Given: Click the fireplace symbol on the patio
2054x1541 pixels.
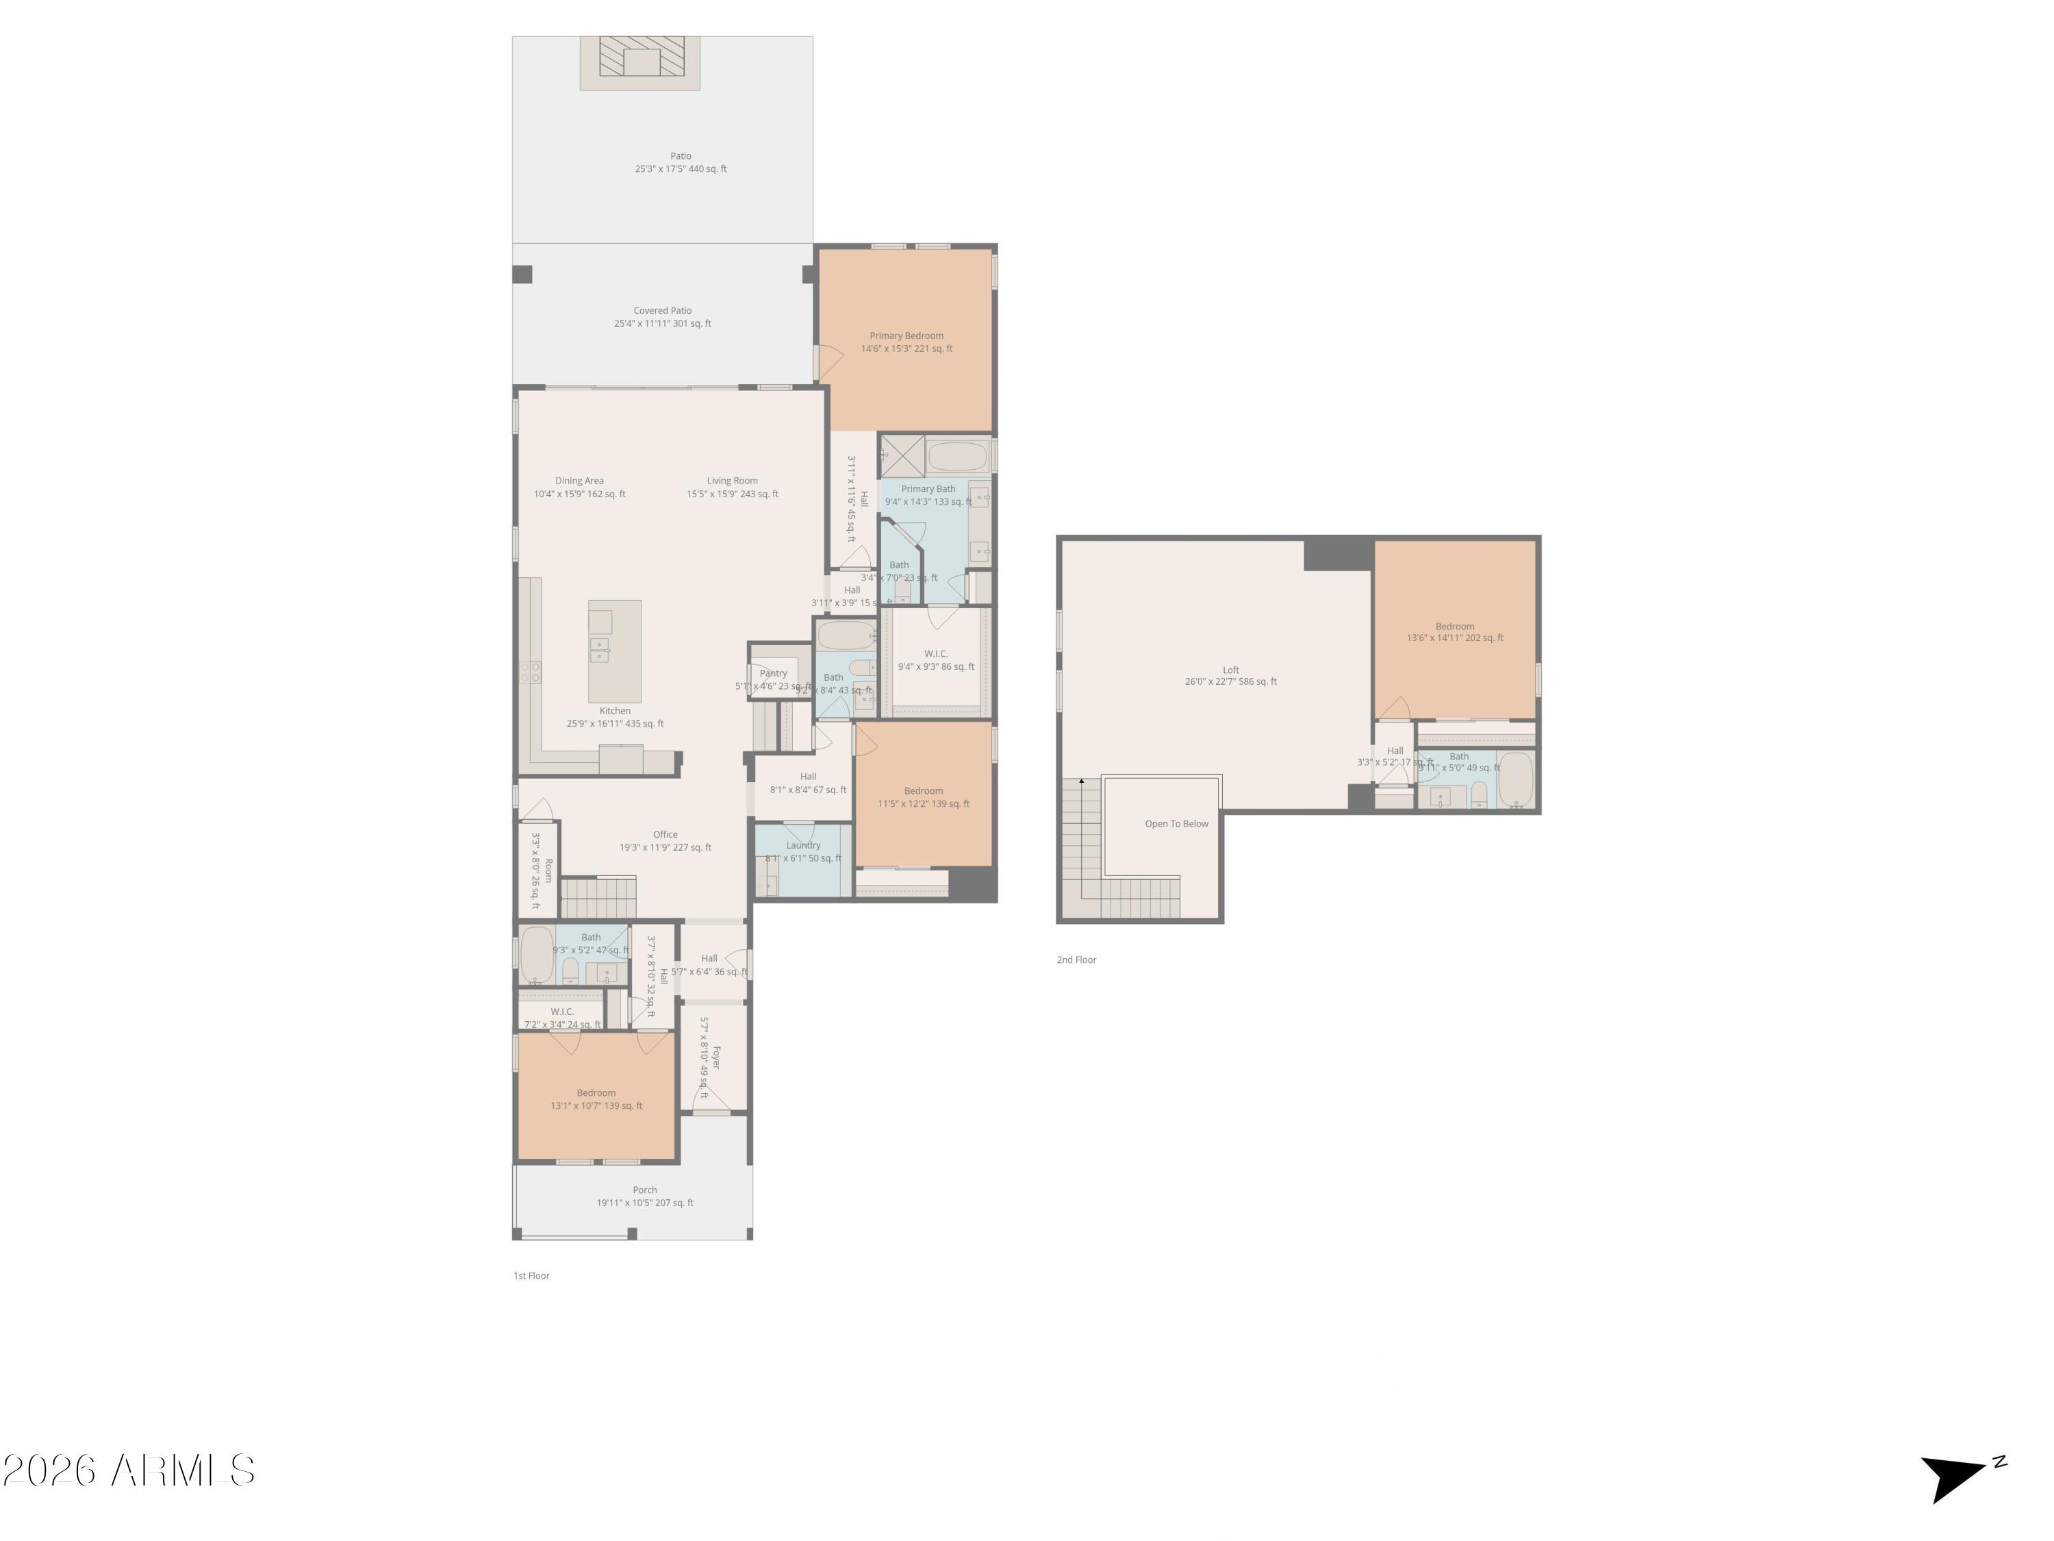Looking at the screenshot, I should (639, 62).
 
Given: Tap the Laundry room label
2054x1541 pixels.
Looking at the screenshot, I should (803, 845).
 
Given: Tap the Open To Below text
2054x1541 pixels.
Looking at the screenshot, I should (1176, 824).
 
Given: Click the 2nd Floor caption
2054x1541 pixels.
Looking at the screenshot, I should (1076, 960).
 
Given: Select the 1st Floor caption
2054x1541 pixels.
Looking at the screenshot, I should (531, 1275).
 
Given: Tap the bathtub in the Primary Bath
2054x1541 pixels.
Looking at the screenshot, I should (956, 457).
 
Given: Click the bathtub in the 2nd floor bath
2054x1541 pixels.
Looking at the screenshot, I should (1514, 779).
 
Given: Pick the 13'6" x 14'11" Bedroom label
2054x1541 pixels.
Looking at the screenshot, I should (1454, 631).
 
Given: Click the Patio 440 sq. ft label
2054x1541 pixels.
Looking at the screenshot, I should (681, 162).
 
